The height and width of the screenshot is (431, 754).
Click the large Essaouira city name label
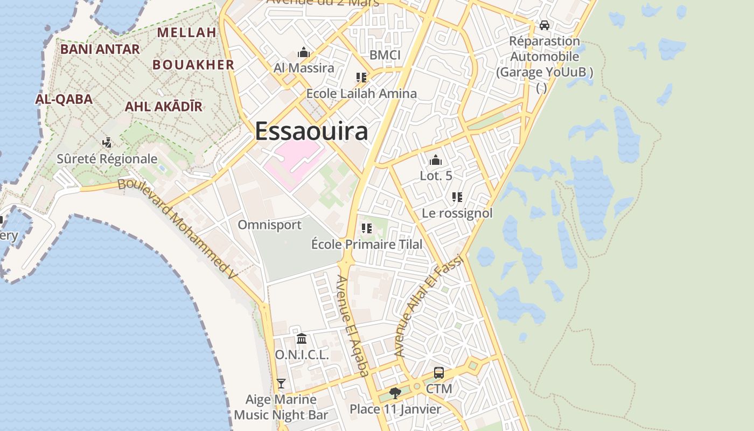(x=311, y=131)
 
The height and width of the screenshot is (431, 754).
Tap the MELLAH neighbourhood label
(x=186, y=32)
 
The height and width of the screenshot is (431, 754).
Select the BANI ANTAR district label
(x=100, y=49)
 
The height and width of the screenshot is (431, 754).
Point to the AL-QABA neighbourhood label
(x=64, y=99)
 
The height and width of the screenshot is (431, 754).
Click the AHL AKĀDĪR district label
(x=163, y=106)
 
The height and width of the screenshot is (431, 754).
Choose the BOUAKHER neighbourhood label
(x=193, y=65)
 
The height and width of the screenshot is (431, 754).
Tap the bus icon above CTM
(x=439, y=373)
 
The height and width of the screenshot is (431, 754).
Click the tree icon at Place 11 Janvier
(x=395, y=393)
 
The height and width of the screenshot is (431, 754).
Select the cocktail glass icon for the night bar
(x=281, y=384)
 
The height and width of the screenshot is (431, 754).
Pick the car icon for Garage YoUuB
(x=544, y=25)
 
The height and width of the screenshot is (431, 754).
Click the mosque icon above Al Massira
(x=304, y=53)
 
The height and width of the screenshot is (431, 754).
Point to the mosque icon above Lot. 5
(x=436, y=160)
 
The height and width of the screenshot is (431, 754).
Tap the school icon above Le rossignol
(x=457, y=197)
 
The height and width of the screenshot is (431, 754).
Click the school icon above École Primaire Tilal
(x=367, y=228)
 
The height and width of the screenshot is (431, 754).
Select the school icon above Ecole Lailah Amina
(x=361, y=78)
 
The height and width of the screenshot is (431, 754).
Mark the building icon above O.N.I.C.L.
(x=302, y=339)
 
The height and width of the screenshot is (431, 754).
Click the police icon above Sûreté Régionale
(x=107, y=143)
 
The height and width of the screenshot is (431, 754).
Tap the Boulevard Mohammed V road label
(x=178, y=228)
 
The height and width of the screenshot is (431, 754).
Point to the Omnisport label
(x=269, y=224)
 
